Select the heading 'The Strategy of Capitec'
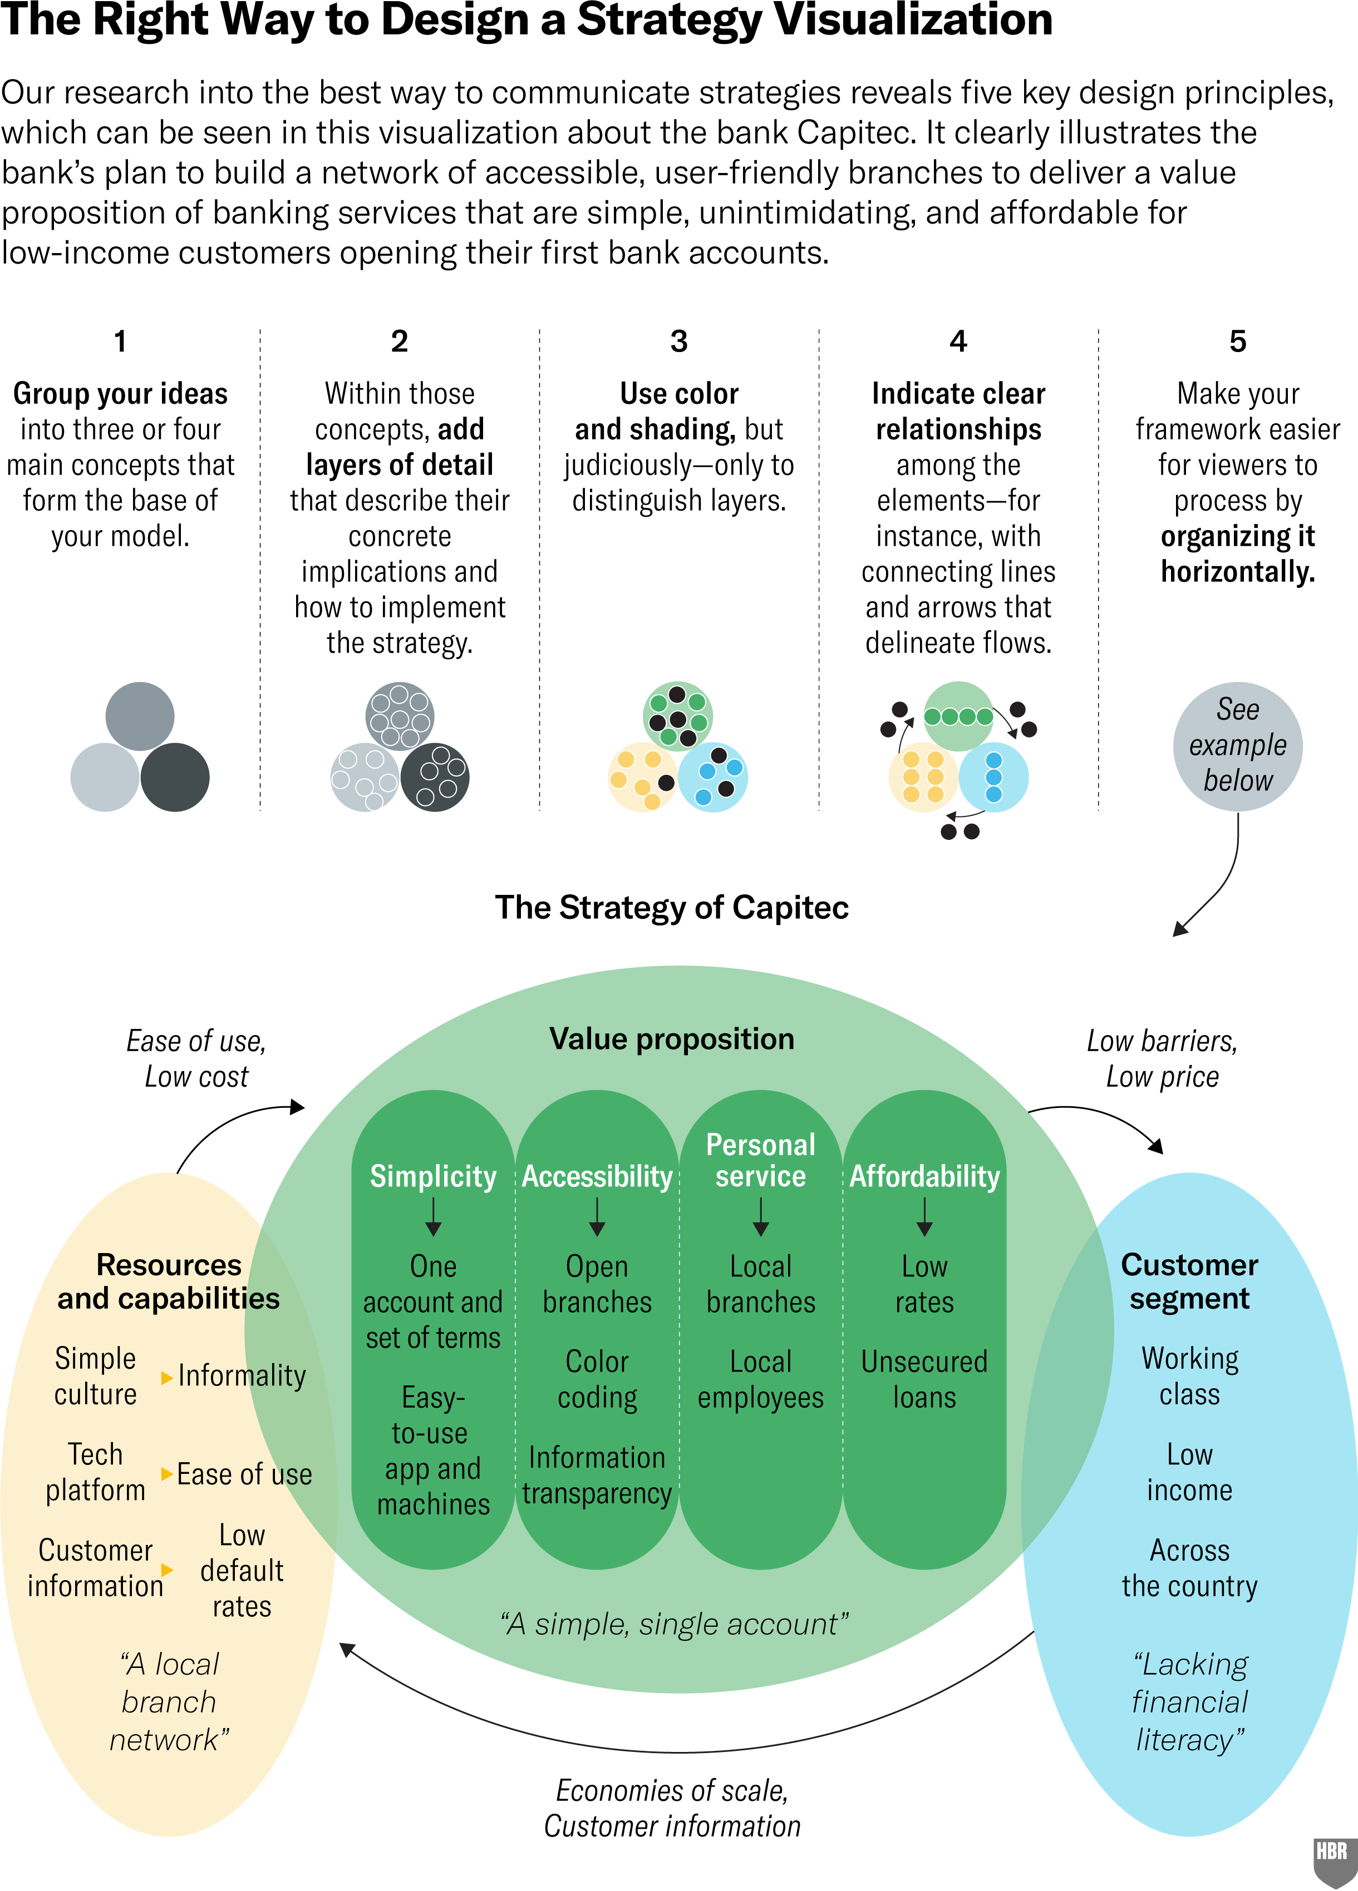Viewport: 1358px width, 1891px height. coord(672,907)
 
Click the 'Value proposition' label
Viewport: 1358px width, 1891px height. coord(672,1039)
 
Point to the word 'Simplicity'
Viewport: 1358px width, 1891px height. coord(433,1176)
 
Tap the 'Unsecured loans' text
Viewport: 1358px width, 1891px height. coord(924,1379)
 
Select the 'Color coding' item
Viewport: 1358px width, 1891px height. coord(597,1379)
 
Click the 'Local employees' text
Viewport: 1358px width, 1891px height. coord(761,1379)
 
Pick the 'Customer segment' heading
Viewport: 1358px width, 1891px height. coord(1189,1281)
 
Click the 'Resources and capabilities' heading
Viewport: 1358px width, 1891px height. coord(169,1281)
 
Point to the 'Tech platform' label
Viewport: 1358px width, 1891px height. coord(95,1472)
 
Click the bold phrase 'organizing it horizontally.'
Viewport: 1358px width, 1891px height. coord(1238,553)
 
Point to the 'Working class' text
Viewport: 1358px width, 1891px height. coord(1189,1376)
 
